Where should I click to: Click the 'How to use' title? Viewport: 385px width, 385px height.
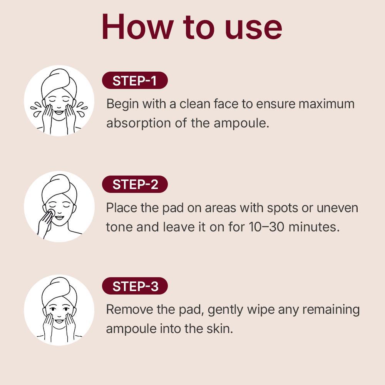[192, 27]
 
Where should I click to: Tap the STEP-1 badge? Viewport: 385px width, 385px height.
[135, 81]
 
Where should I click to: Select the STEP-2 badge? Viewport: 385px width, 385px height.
[135, 185]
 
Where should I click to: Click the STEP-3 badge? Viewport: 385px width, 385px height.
[135, 286]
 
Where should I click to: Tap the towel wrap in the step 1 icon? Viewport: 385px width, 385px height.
[58, 81]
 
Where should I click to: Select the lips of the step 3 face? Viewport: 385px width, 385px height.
[59, 321]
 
